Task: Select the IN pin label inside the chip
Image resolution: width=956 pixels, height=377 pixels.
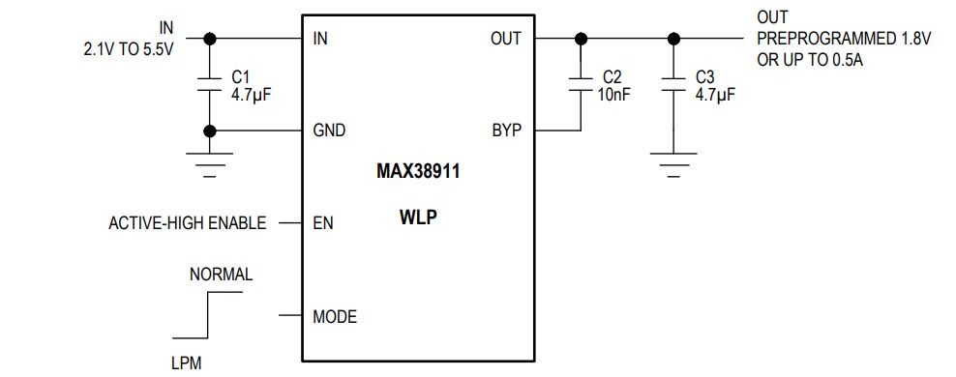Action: click(320, 40)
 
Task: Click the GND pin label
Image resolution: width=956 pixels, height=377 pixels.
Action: click(329, 130)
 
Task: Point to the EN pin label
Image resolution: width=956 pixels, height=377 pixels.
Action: click(323, 223)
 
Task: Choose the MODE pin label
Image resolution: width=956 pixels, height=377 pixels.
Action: click(335, 316)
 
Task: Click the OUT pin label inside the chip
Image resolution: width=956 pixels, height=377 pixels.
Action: click(505, 40)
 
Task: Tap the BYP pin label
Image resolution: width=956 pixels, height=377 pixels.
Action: click(506, 130)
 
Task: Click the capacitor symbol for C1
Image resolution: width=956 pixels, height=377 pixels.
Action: click(209, 85)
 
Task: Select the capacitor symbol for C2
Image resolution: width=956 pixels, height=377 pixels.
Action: click(581, 85)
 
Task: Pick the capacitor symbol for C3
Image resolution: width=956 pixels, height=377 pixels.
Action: click(673, 85)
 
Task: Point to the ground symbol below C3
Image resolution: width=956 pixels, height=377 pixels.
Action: click(673, 159)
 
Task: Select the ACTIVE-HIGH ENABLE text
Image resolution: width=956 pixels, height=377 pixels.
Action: click(187, 223)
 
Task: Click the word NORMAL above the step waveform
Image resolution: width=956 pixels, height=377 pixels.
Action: click(221, 275)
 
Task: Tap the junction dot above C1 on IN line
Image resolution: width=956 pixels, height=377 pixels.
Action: click(209, 39)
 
